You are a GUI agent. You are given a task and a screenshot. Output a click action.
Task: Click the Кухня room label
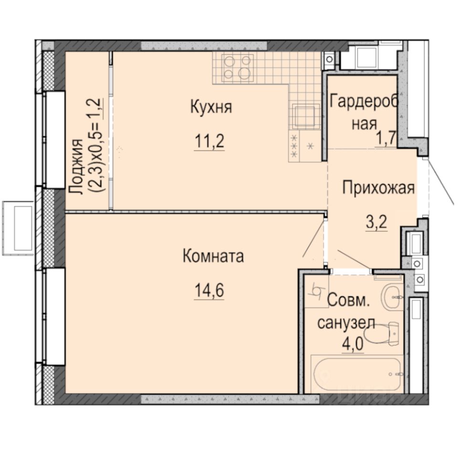point(211,107)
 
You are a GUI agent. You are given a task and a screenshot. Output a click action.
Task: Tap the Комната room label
point(213,256)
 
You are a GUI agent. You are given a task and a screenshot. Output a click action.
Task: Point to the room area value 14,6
point(209,290)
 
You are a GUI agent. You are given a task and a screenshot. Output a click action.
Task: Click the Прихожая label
point(377,188)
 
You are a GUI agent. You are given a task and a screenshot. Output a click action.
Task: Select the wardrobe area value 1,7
point(386,140)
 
